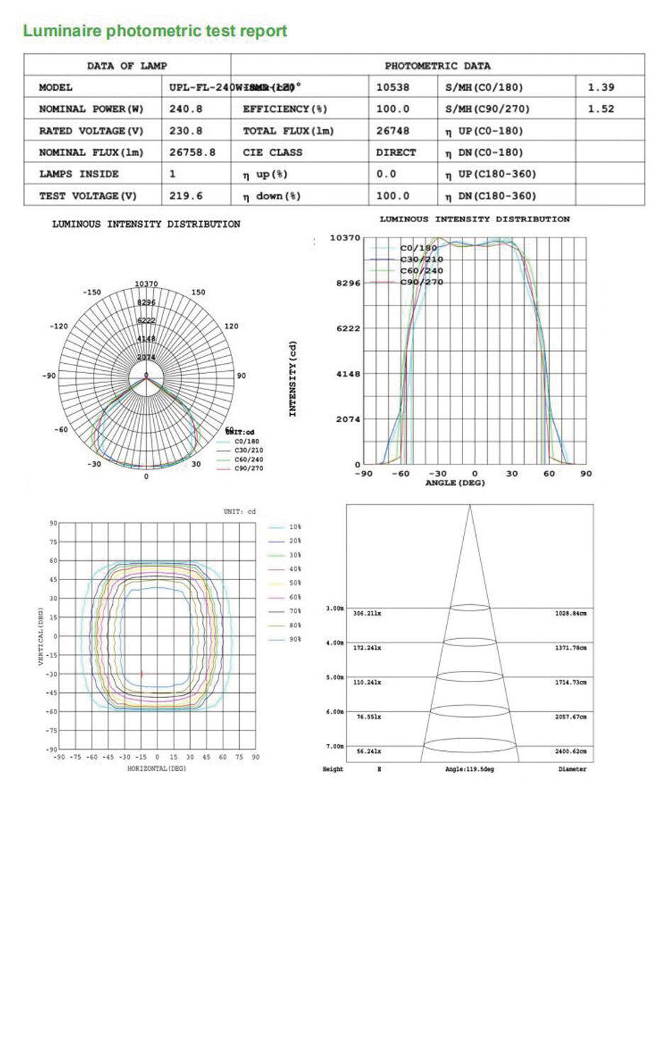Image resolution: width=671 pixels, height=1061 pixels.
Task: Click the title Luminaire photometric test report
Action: tap(155, 31)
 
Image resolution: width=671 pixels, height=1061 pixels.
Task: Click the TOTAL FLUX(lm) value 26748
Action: tap(392, 131)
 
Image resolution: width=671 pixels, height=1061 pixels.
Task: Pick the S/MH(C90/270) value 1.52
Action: tap(601, 109)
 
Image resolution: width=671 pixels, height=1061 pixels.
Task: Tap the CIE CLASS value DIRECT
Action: tap(396, 152)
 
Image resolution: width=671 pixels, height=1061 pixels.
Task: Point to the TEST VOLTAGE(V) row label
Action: tap(87, 196)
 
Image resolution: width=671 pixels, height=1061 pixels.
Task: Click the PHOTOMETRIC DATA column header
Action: tap(437, 66)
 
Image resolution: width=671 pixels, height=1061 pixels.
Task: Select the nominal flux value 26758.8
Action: tap(192, 152)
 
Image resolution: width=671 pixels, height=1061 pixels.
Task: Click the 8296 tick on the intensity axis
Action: tap(347, 283)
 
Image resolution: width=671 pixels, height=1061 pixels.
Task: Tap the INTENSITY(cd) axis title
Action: tap(293, 379)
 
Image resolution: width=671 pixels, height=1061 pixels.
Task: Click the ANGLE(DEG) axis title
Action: tap(455, 483)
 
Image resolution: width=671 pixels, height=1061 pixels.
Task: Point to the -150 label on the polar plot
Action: tap(91, 292)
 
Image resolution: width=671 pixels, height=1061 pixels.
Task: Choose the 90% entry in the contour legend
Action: tap(294, 640)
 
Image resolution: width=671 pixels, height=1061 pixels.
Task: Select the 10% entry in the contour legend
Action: tap(294, 528)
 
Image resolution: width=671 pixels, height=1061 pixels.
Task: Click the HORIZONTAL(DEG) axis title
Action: tap(157, 769)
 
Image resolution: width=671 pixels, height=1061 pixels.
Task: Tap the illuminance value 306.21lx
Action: tap(367, 613)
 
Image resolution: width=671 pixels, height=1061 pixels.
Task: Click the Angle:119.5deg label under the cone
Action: tap(469, 770)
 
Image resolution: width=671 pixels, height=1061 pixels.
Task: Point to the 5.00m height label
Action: tap(334, 677)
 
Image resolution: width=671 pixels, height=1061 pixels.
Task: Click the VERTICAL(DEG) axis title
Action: tap(42, 636)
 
